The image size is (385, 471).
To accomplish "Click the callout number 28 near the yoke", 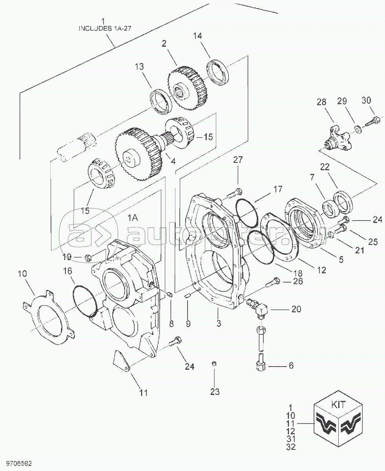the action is (321, 102).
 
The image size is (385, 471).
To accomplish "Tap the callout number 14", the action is (197, 36).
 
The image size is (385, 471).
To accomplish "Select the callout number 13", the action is (139, 67).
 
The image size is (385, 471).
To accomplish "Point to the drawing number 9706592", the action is (19, 464).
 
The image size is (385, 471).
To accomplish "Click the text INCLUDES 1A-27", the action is (105, 29).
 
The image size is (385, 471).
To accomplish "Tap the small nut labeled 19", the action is (88, 258).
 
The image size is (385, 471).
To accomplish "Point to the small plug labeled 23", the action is (214, 370).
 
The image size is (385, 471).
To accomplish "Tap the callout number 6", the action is (291, 365).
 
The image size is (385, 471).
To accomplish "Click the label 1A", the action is (133, 218).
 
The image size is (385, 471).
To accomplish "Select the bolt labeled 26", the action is (273, 282).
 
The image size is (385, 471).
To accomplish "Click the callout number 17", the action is (278, 189).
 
